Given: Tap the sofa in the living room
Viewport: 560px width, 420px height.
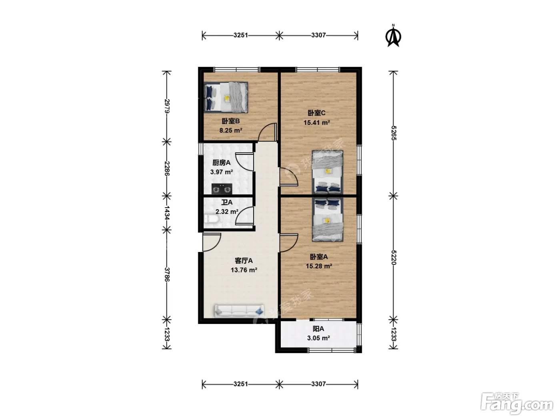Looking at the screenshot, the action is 239,311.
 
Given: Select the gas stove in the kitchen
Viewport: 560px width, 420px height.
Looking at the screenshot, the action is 222,189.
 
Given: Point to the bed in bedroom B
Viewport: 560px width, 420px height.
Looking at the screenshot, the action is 226,97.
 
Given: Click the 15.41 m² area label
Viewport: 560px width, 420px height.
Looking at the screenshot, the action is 317,122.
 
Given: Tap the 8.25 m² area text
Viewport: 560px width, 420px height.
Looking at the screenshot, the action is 231,130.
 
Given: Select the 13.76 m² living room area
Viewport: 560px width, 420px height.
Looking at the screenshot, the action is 244,270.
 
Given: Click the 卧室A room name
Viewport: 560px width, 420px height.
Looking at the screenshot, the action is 319,256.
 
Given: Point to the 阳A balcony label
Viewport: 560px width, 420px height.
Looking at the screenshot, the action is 318,329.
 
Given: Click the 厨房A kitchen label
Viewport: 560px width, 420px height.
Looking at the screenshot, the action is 222,162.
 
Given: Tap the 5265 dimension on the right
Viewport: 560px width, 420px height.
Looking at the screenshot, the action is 393,133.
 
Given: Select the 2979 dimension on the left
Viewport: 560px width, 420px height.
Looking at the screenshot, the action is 167,106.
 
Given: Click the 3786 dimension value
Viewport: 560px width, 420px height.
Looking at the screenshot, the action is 167,274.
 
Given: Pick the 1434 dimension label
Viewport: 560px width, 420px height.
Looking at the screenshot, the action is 167,213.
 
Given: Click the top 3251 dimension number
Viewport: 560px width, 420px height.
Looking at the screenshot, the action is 240,35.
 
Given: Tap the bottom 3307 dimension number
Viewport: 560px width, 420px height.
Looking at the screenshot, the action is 318,384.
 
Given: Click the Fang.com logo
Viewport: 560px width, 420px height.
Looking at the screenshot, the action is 517,406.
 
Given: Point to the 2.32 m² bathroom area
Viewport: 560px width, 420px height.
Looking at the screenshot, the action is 227,212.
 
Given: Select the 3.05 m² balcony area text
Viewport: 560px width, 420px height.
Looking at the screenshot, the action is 318,338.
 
